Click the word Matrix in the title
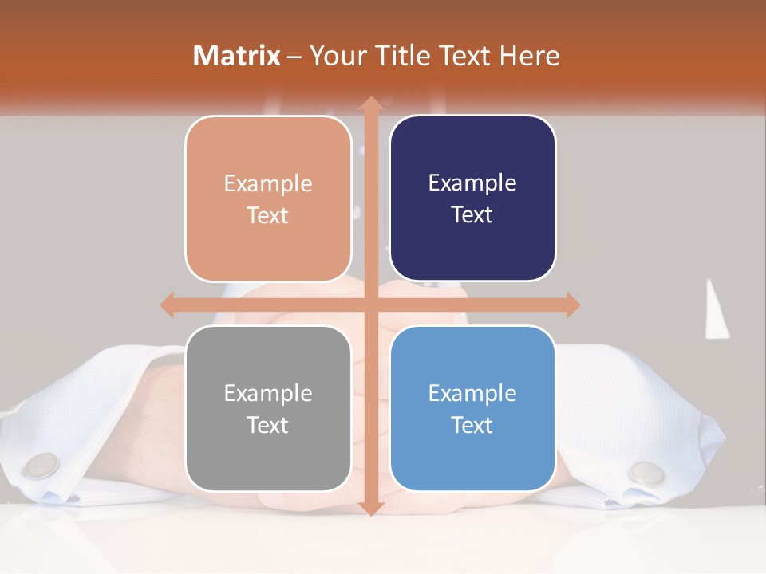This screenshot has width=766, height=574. [x=237, y=56]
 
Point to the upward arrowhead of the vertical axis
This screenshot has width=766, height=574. [x=369, y=104]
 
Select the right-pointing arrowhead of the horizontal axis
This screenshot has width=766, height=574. [x=572, y=305]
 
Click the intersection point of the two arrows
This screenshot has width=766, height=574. [x=369, y=305]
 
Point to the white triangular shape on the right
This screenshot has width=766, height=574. [x=716, y=311]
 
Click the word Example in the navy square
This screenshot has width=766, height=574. [x=472, y=183]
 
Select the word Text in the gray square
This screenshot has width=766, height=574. [x=268, y=425]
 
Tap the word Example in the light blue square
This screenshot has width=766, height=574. [x=472, y=393]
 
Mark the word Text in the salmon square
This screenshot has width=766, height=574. [x=268, y=215]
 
